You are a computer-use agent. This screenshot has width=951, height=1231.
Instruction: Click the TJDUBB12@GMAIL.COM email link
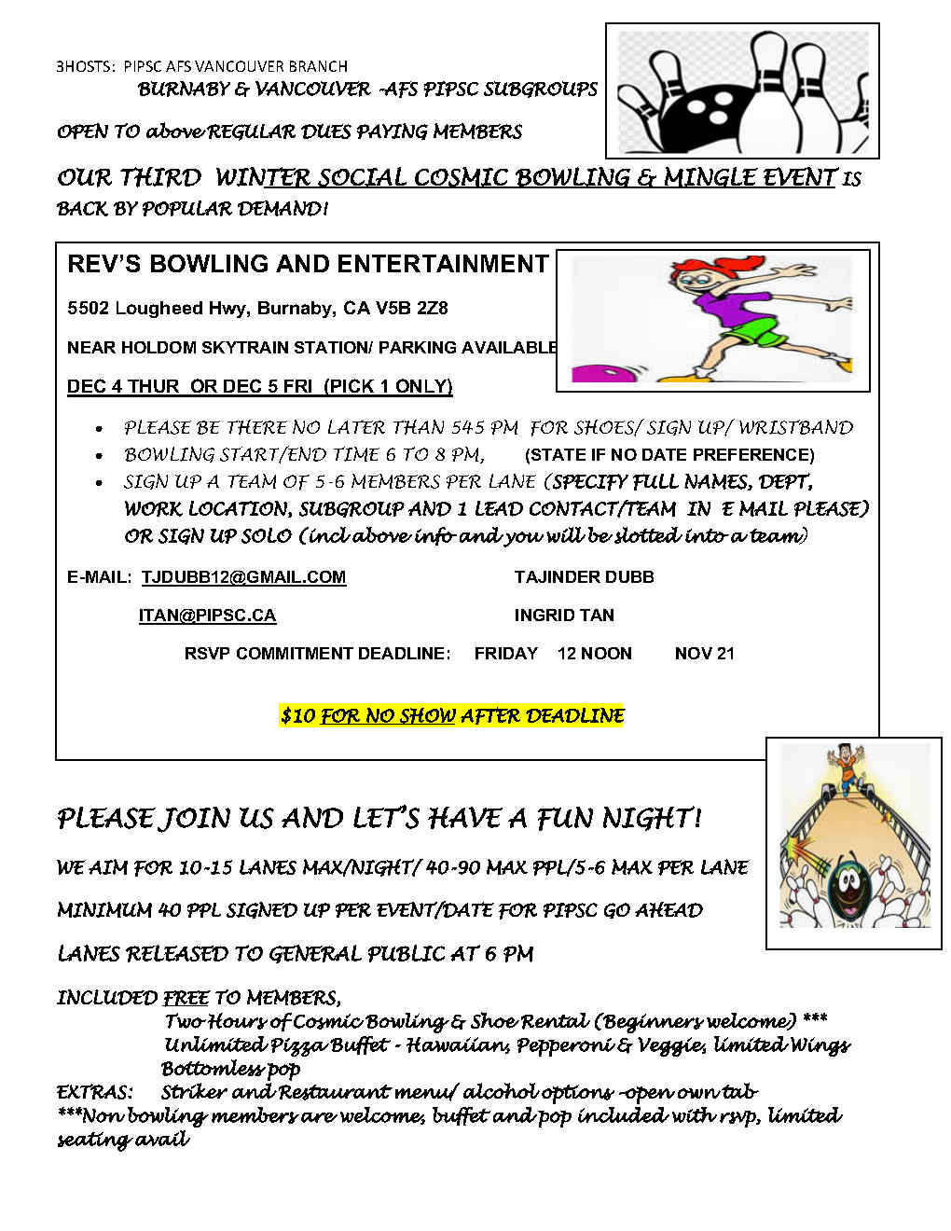click(243, 577)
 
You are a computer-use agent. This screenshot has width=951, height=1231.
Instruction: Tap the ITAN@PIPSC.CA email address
click(207, 615)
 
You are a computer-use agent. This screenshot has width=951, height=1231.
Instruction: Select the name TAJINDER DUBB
click(584, 577)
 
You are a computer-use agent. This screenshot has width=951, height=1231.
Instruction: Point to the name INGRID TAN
click(563, 615)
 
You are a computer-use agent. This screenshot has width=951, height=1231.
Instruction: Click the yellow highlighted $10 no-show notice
click(452, 715)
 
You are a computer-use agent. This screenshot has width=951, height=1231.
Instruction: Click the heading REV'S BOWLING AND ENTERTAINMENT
click(308, 264)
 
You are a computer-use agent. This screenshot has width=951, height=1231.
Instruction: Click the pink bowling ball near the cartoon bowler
click(597, 372)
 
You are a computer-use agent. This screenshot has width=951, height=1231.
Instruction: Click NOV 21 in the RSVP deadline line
click(704, 654)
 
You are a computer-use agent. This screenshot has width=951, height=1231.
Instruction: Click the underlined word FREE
click(186, 998)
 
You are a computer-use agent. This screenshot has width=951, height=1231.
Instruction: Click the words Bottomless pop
click(230, 1069)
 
